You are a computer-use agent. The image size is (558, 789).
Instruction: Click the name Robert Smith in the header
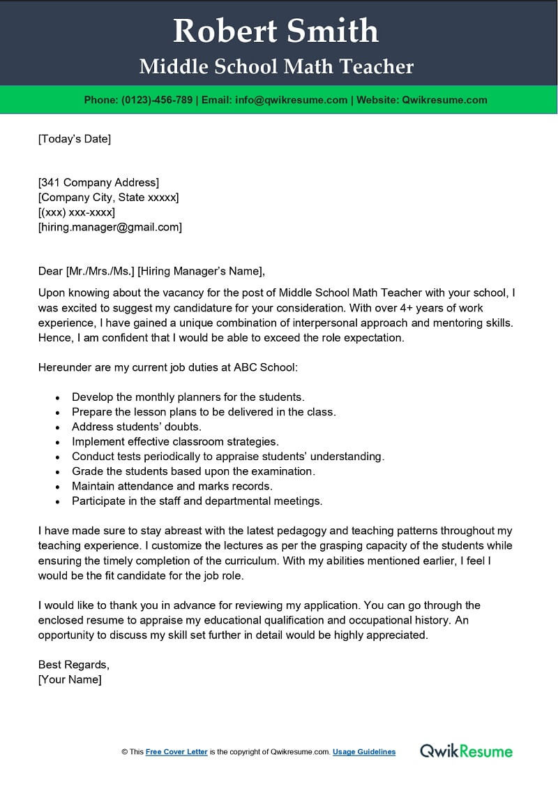coord(276,31)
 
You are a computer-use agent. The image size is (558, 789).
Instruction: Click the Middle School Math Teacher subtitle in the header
coord(276,66)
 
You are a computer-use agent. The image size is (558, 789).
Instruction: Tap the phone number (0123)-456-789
coord(157,100)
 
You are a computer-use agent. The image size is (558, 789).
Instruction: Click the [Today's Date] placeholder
coord(74,139)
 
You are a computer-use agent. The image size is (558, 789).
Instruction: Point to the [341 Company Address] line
coord(98,183)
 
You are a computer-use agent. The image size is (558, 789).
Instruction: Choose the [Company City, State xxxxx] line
coord(108,198)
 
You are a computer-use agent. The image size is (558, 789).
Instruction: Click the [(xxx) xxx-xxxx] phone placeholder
coord(76,212)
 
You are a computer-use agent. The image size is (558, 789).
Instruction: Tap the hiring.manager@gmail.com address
coord(110,227)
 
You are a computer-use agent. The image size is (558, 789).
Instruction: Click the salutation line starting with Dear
coord(151,271)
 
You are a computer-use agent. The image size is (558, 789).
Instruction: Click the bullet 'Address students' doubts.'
coord(136,427)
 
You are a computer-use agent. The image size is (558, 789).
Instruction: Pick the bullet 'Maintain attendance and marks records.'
coord(172,486)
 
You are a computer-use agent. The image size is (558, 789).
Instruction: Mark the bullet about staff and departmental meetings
coord(197,501)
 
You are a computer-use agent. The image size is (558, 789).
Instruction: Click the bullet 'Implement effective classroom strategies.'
coord(175,441)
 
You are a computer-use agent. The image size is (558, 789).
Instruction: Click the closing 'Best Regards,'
coord(73,665)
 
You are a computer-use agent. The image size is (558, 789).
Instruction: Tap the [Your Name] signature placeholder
coord(70,679)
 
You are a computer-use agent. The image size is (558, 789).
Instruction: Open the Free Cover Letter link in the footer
coord(176,752)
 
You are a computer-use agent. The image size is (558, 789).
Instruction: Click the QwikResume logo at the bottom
coord(466,751)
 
